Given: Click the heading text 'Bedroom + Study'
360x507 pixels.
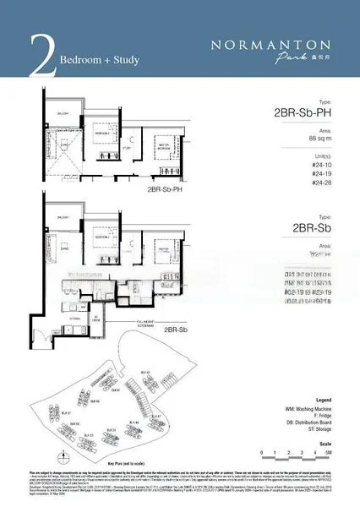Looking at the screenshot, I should point(99,61).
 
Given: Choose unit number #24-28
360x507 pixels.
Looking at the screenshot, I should point(320,183).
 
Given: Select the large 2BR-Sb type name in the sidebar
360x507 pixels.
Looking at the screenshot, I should point(309,227).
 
